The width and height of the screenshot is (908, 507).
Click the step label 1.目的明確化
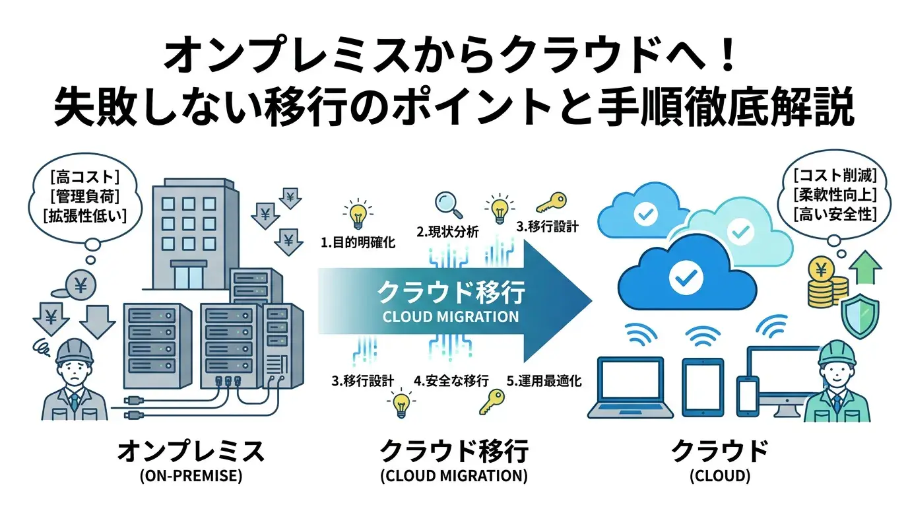coord(358,242)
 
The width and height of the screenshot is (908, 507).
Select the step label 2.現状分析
coord(447,231)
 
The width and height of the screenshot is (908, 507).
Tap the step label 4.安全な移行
coord(451,380)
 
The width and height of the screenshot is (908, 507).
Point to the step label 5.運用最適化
coord(544,380)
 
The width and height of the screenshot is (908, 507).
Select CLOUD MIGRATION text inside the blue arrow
coord(451,317)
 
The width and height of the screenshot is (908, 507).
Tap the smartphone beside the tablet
coord(745,395)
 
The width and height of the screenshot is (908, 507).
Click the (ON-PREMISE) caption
coord(191,477)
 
